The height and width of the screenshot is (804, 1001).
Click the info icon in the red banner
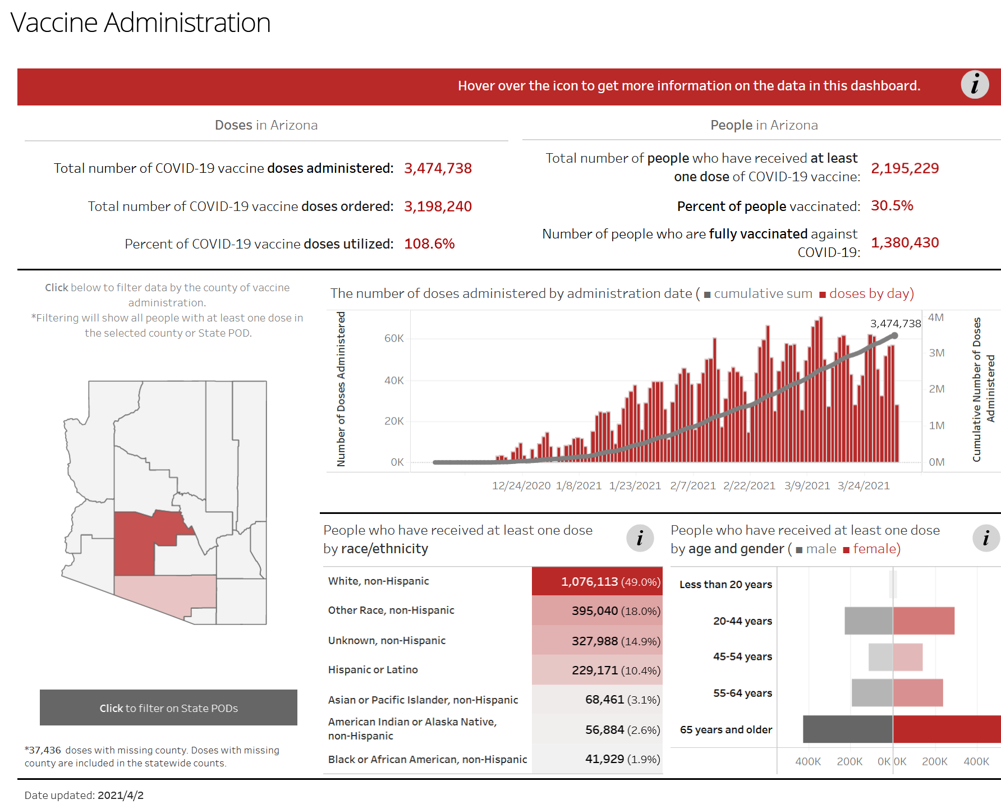point(975,85)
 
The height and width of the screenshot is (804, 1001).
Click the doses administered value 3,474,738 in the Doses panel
point(438,168)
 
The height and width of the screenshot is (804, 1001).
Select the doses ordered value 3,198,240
point(438,206)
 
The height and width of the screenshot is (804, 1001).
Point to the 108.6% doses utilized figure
point(429,244)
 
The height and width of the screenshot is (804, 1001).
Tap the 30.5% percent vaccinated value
point(892,206)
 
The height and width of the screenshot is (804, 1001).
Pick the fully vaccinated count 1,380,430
point(904,243)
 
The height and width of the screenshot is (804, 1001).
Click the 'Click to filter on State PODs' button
point(168,707)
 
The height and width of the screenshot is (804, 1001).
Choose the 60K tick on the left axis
point(394,338)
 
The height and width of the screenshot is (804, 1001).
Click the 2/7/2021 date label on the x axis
point(693,486)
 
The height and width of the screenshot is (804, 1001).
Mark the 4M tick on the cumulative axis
point(936,318)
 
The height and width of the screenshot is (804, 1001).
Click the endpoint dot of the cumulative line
point(895,336)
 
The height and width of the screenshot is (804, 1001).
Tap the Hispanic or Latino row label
point(373,670)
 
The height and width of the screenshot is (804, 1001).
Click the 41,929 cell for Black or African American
point(605,759)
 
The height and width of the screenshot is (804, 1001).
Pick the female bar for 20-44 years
point(924,621)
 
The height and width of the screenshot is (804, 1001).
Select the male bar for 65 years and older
point(847,729)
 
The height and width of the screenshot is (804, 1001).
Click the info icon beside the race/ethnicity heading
point(640,539)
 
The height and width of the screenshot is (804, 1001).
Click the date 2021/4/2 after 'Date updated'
point(121,796)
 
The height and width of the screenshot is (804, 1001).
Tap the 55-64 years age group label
point(742,693)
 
